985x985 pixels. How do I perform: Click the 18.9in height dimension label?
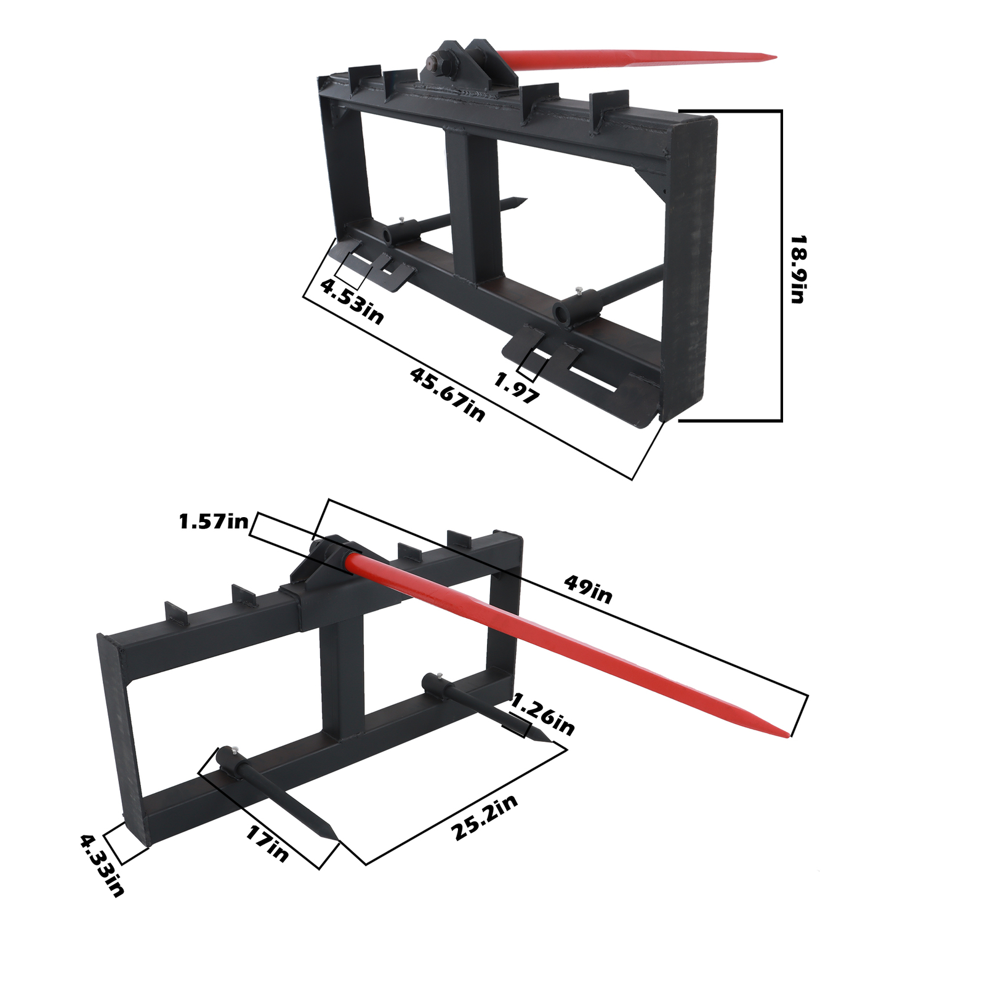[x=798, y=269]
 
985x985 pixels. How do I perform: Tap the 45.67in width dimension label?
[x=448, y=394]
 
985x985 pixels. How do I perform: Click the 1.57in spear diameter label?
[x=213, y=523]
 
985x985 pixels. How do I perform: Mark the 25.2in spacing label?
[x=484, y=817]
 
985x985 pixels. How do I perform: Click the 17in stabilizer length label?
[x=267, y=843]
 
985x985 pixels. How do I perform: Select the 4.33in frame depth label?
[x=102, y=865]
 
